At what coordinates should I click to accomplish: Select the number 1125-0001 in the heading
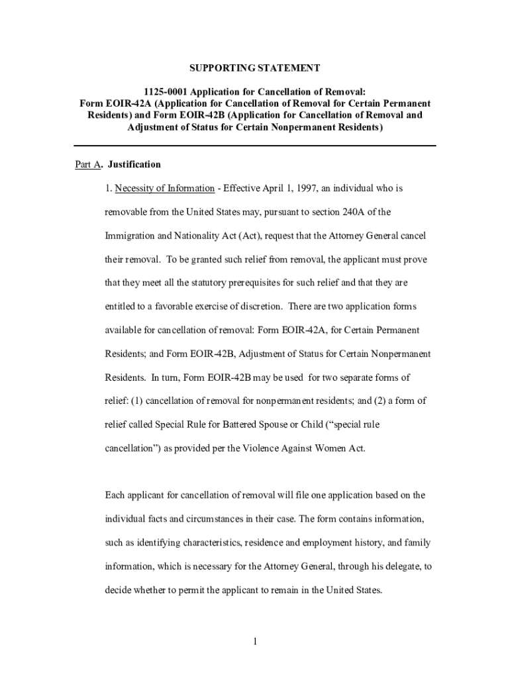click(166, 91)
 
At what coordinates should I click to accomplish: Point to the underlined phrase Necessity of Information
click(164, 189)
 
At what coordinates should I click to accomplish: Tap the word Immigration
click(128, 236)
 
